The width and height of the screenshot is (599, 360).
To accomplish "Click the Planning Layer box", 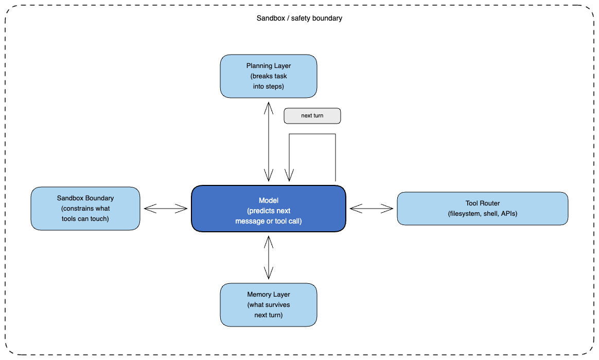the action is [x=269, y=76].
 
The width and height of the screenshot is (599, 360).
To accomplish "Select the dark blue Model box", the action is [x=269, y=209].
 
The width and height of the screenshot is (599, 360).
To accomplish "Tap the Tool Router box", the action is [x=483, y=209].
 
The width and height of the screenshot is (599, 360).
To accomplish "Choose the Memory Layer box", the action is [x=269, y=304].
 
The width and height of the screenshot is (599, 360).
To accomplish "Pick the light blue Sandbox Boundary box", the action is [x=85, y=209].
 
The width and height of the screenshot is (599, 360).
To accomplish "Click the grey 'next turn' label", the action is [x=312, y=116].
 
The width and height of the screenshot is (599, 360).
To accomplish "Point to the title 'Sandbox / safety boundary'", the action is [x=299, y=18].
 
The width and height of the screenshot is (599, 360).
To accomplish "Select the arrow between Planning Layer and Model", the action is [x=269, y=142].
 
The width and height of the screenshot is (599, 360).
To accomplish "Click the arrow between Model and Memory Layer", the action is [x=269, y=257].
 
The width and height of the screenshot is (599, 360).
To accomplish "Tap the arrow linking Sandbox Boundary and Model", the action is [x=165, y=209].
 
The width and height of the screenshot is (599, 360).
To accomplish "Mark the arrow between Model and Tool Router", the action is [x=372, y=209].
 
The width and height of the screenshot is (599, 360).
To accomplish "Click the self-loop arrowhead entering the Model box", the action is [x=289, y=176].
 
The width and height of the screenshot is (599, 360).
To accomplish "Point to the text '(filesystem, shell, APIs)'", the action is [x=483, y=214].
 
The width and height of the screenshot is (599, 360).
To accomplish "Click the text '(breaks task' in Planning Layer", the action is [x=269, y=76].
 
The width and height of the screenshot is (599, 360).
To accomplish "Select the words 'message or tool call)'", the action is [x=269, y=221].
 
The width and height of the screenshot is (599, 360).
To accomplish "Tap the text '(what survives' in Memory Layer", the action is [x=269, y=304].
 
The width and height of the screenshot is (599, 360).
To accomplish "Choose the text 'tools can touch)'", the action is [x=85, y=218].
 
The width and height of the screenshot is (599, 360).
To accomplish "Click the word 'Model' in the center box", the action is [x=269, y=200].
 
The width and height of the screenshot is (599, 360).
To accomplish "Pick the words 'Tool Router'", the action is [x=483, y=203].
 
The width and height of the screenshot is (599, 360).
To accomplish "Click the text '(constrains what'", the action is [x=85, y=208].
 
